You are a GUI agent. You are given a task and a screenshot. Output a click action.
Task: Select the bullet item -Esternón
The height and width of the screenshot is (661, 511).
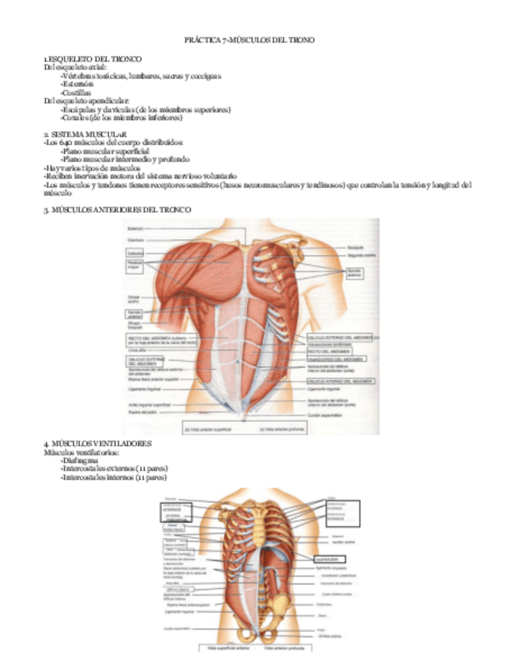point(76,85)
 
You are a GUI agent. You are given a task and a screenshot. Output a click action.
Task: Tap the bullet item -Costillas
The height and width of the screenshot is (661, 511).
point(76,93)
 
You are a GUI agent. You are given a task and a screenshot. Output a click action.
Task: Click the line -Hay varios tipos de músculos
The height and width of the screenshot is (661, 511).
point(92,168)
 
